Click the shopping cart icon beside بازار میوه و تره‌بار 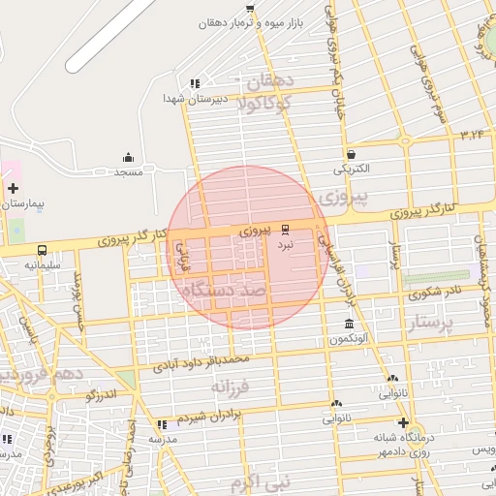(250, 8)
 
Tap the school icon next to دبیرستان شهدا (195, 83)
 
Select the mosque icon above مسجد (129, 157)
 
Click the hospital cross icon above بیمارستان (13, 188)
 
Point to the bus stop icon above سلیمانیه (42, 250)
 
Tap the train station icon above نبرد (285, 231)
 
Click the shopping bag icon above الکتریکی (350, 154)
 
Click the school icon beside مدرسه (162, 424)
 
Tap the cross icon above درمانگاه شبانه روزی (403, 422)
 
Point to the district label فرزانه (232, 387)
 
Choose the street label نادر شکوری (432, 290)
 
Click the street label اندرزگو (100, 394)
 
